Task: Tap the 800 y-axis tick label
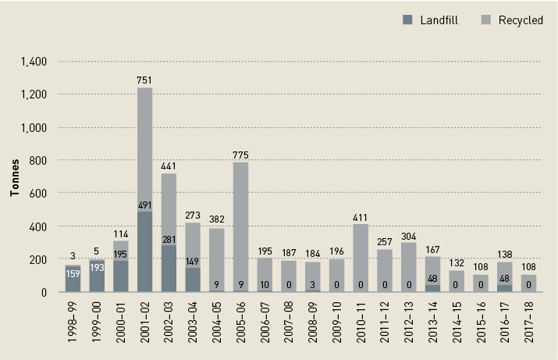point(39,161)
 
